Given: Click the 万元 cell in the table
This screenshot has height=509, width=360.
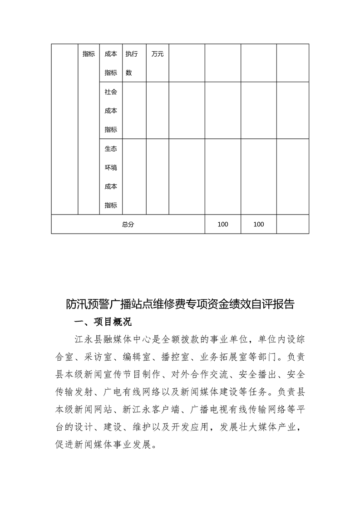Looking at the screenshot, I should pos(158,54).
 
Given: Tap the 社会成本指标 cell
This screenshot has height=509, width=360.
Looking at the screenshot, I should pos(111,111).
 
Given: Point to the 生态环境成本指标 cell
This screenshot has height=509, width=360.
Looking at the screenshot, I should pos(111,177).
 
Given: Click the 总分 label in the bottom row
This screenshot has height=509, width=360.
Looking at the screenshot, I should pos(128,225).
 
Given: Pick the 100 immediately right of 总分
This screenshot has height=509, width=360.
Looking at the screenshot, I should pos(223,225).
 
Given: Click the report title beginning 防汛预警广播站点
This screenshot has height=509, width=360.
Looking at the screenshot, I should pos(180,303).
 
